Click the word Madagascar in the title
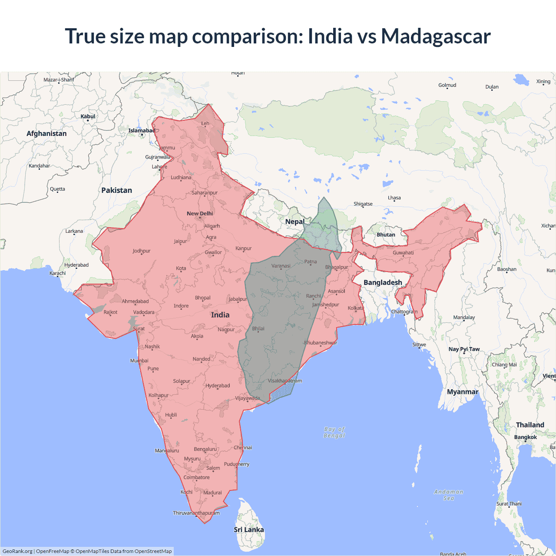pos(436,36)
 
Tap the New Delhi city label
pos(200,213)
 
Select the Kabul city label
pos(88,116)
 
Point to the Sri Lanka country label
pos(248,530)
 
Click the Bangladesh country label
pos(383,282)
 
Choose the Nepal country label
pos(295,222)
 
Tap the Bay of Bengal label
pos(334,432)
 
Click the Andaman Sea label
pos(449,495)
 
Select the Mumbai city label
pos(139,361)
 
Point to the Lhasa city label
pos(394,198)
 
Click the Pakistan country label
pos(116,190)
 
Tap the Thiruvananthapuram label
pos(196,513)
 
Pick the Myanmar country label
pos(463,392)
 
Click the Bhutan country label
pos(386,235)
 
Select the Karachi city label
pos(58,273)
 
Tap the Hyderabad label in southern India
pos(218,386)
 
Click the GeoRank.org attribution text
pos(17,551)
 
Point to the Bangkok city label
pos(526,437)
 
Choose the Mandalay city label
pos(464,318)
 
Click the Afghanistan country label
pos(46,133)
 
